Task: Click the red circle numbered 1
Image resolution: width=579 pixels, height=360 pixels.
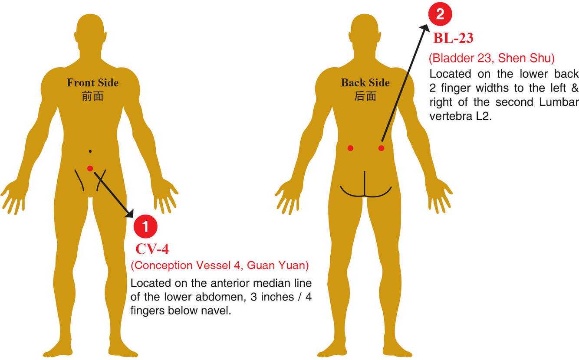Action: pos(145,226)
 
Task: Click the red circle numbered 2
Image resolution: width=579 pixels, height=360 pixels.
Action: pos(440,15)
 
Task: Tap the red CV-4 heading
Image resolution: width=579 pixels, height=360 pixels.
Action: pos(152,249)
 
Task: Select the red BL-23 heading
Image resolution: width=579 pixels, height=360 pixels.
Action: pos(453,38)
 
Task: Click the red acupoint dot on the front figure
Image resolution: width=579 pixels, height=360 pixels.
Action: pos(90,168)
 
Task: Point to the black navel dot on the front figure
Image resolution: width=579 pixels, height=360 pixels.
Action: pos(90,151)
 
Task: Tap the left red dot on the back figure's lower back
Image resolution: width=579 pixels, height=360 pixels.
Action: pos(350,148)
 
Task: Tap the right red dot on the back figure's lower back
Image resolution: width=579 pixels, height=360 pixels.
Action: pos(381,148)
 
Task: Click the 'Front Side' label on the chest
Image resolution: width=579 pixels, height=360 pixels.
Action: pos(92,83)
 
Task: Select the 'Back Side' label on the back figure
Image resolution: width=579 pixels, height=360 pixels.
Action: pos(365,83)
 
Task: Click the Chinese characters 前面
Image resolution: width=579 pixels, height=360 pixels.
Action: pos(92,96)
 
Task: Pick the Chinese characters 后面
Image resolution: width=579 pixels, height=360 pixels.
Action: pos(365,96)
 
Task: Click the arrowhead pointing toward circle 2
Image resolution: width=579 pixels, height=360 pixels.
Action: pos(424,28)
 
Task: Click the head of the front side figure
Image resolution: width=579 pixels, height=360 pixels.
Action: pos(90,30)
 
